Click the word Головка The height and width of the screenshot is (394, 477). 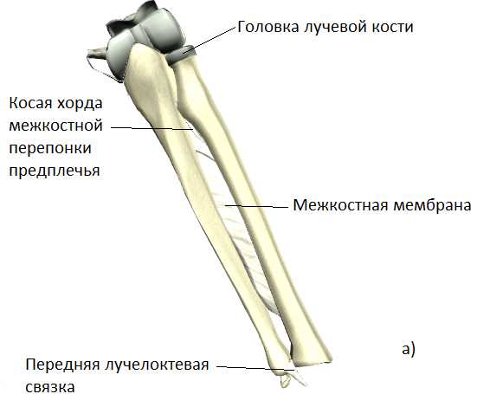pos(268,27)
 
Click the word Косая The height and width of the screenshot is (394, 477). pos(30,103)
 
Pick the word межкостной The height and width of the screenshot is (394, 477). pos(55,126)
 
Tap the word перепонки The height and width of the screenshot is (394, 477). pos(50,148)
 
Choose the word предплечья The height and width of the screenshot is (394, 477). pos(55,171)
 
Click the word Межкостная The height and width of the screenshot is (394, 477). pos(341,205)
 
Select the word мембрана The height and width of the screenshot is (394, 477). pos(432,206)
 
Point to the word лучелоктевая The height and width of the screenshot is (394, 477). pos(157,365)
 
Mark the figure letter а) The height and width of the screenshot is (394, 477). pos(409,349)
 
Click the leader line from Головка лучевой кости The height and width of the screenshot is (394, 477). pos(209,40)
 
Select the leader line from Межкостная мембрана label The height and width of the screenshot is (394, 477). pos(256,207)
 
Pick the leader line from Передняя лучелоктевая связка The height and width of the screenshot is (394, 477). pos(255,368)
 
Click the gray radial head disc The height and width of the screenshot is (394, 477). pos(181,55)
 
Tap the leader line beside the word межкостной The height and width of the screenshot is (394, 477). pos(151,128)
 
